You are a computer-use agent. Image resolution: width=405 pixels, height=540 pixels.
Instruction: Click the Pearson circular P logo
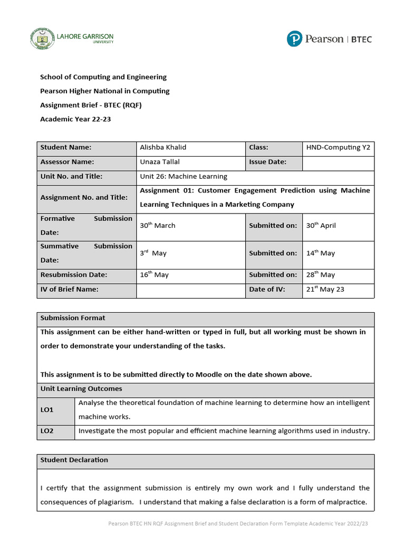[295, 39]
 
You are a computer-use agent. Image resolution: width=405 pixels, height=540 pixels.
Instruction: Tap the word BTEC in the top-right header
[361, 40]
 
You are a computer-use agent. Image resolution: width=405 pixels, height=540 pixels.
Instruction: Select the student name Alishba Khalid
[163, 148]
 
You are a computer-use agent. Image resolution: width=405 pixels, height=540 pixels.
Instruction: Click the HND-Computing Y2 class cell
[338, 148]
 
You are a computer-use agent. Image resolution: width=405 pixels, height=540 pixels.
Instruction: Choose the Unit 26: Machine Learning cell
[184, 177]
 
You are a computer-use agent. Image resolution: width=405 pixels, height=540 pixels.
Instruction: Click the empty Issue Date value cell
[338, 162]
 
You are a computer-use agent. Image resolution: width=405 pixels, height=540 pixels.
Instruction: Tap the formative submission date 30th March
[158, 226]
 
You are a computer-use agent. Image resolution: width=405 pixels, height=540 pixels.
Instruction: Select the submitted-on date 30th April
[321, 226]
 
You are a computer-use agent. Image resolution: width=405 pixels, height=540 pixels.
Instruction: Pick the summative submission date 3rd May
[153, 253]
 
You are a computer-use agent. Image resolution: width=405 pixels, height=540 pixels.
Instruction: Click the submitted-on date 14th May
[320, 253]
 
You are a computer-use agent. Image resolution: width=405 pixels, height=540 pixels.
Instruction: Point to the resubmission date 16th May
[154, 275]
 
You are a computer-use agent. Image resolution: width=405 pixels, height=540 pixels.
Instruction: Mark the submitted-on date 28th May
[320, 275]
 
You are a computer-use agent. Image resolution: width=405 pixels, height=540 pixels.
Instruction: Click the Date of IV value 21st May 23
[325, 290]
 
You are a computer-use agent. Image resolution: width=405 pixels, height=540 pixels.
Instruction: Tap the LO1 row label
[47, 410]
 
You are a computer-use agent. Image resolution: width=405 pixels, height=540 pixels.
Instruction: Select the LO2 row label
[47, 431]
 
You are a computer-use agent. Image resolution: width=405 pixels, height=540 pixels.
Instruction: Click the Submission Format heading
[73, 318]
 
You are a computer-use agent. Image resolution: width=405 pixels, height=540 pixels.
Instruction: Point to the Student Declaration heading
[74, 460]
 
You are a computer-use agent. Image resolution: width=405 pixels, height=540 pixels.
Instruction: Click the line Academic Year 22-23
[75, 119]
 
